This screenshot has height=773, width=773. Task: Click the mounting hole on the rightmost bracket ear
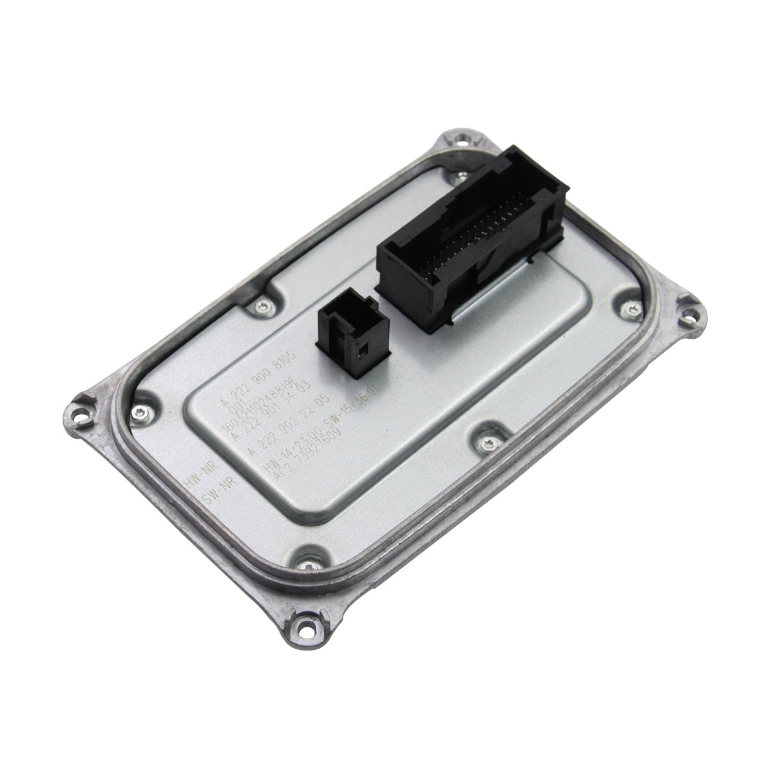(x=691, y=316)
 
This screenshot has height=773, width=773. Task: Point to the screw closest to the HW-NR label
(x=139, y=413)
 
